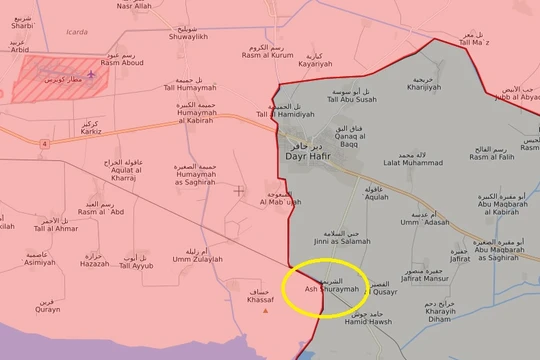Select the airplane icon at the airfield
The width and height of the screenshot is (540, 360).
92,72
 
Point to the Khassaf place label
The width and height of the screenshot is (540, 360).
261,296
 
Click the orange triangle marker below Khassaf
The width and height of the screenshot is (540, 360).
265,310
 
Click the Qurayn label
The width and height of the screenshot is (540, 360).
47,308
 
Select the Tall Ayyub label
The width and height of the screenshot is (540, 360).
136,262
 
